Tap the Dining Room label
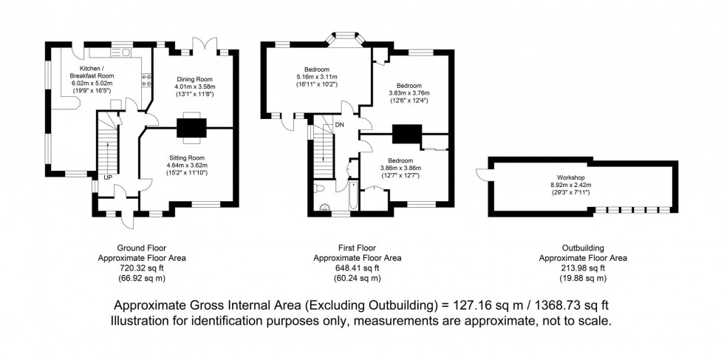194,79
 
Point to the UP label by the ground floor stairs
107,178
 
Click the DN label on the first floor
339,124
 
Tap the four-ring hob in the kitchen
146,80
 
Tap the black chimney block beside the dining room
190,127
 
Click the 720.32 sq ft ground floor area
142,268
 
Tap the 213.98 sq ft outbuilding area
583,268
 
